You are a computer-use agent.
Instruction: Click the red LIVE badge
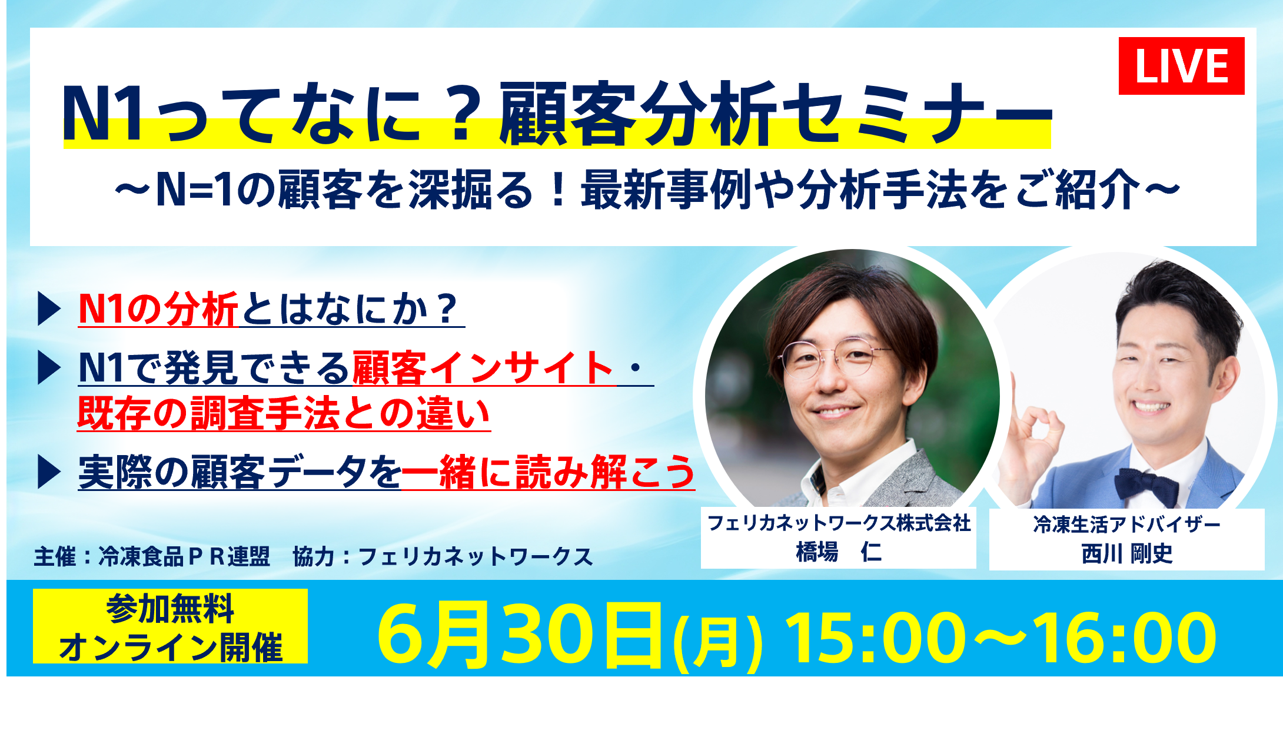(1181, 65)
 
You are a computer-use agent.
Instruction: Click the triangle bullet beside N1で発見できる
(49, 368)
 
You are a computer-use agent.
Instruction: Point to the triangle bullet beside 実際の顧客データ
(49, 472)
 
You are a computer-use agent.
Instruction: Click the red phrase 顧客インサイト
(484, 369)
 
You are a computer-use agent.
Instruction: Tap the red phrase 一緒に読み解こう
(548, 472)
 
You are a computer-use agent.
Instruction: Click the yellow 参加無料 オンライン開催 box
(170, 626)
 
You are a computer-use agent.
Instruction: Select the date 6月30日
(520, 635)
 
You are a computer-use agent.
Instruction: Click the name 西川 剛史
(1126, 554)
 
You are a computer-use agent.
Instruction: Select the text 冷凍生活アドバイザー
(1126, 524)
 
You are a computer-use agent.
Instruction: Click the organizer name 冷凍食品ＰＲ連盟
(184, 556)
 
